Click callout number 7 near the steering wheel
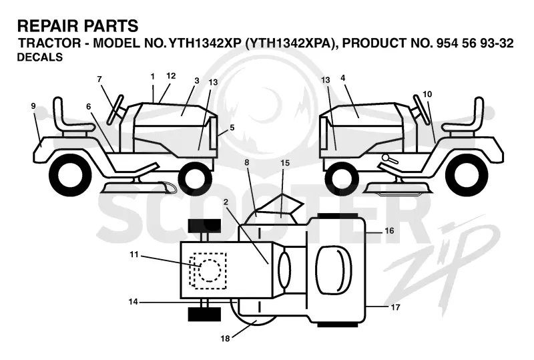click(99, 79)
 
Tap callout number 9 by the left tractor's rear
click(33, 106)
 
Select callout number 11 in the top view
click(134, 254)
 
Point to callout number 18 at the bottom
click(225, 338)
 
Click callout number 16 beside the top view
click(389, 231)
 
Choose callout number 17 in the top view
click(395, 307)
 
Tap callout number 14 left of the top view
click(133, 302)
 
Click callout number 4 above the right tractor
click(342, 78)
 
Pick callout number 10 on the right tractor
click(427, 94)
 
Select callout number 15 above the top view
click(285, 163)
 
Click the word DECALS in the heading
click(40, 57)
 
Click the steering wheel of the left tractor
click(115, 109)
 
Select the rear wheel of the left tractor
click(71, 174)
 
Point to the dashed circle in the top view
click(210, 271)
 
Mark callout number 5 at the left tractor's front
click(232, 128)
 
